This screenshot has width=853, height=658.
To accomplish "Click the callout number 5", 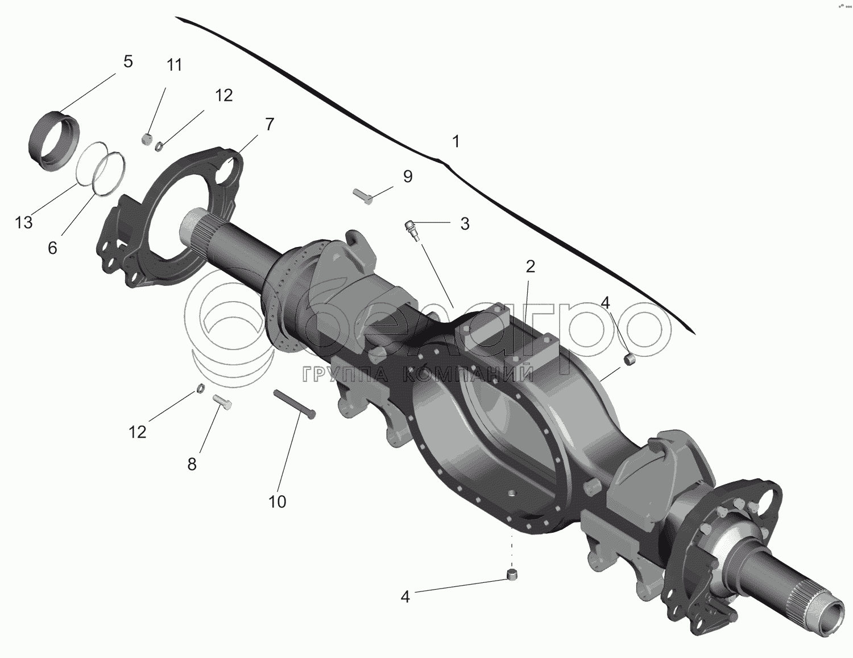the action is tap(127, 61).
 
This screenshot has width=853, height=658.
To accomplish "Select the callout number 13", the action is tap(24, 223).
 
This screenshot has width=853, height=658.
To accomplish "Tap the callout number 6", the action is tap(52, 248).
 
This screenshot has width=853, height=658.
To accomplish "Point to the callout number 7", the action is tap(269, 124).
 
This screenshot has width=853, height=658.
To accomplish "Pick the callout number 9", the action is tap(407, 176).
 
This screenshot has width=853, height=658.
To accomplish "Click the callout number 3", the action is tap(465, 224).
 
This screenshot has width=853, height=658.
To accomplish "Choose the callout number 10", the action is tap(278, 501).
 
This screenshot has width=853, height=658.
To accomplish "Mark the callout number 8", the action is tap(192, 464).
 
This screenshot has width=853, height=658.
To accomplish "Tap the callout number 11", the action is tap(175, 65).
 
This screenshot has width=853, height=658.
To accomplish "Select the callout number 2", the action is tap(530, 266).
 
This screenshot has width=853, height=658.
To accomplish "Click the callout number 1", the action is tap(456, 141).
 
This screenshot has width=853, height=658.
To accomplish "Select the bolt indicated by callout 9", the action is tap(363, 196).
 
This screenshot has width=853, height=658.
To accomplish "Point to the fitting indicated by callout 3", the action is tap(413, 231).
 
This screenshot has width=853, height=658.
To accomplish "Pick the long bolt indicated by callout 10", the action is tap(295, 405).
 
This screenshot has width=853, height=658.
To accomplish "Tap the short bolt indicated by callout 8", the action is tap(221, 402).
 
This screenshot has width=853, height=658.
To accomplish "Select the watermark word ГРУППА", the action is tap(348, 374).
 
